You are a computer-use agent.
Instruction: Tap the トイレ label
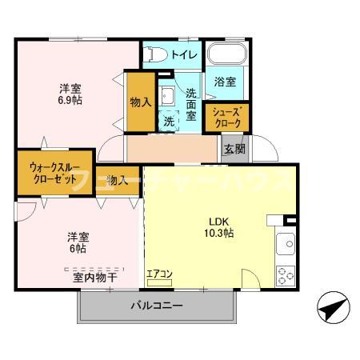182,55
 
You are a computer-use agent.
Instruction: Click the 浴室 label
225,82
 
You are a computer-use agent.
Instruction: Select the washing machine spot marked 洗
169,121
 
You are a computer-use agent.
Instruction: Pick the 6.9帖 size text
69,102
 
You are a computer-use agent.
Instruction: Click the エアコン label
160,274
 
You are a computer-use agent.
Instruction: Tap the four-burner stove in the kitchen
285,275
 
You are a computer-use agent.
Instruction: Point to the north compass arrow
331,306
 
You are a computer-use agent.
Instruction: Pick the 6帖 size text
77,249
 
